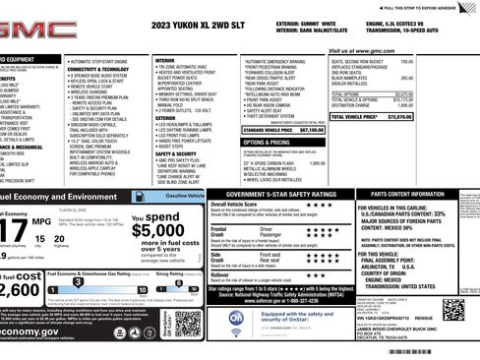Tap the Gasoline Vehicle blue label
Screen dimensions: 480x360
(183, 196)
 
